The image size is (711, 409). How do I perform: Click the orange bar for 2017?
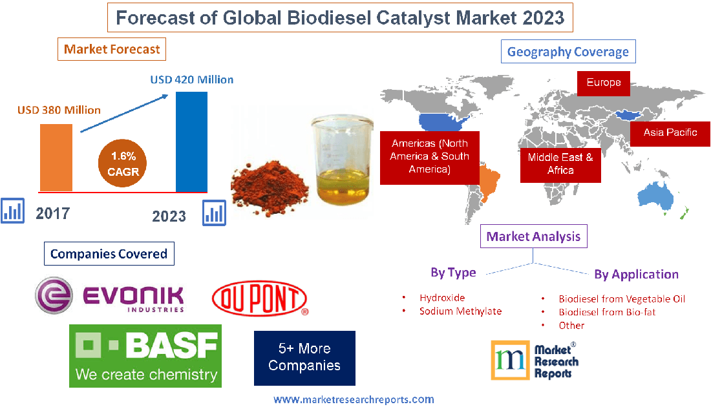click(x=56, y=157)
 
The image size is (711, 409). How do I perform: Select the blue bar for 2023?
click(x=191, y=142)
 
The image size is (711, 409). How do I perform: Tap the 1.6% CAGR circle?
click(x=123, y=164)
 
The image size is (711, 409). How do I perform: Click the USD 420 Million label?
click(x=192, y=80)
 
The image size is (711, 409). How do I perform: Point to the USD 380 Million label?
click(x=59, y=110)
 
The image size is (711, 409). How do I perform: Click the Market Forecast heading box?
click(x=112, y=49)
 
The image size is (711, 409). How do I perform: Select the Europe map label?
click(x=604, y=83)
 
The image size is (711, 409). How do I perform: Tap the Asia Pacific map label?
click(x=670, y=132)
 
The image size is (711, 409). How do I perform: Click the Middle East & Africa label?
click(x=560, y=163)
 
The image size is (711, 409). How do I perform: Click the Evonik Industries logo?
click(x=109, y=297)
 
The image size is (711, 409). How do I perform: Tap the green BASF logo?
click(x=145, y=355)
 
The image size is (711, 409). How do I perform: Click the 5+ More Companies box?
click(x=304, y=357)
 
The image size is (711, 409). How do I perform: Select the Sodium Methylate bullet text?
click(x=460, y=311)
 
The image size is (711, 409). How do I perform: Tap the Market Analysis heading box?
click(x=534, y=236)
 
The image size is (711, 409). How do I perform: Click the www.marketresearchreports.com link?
click(x=354, y=400)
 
